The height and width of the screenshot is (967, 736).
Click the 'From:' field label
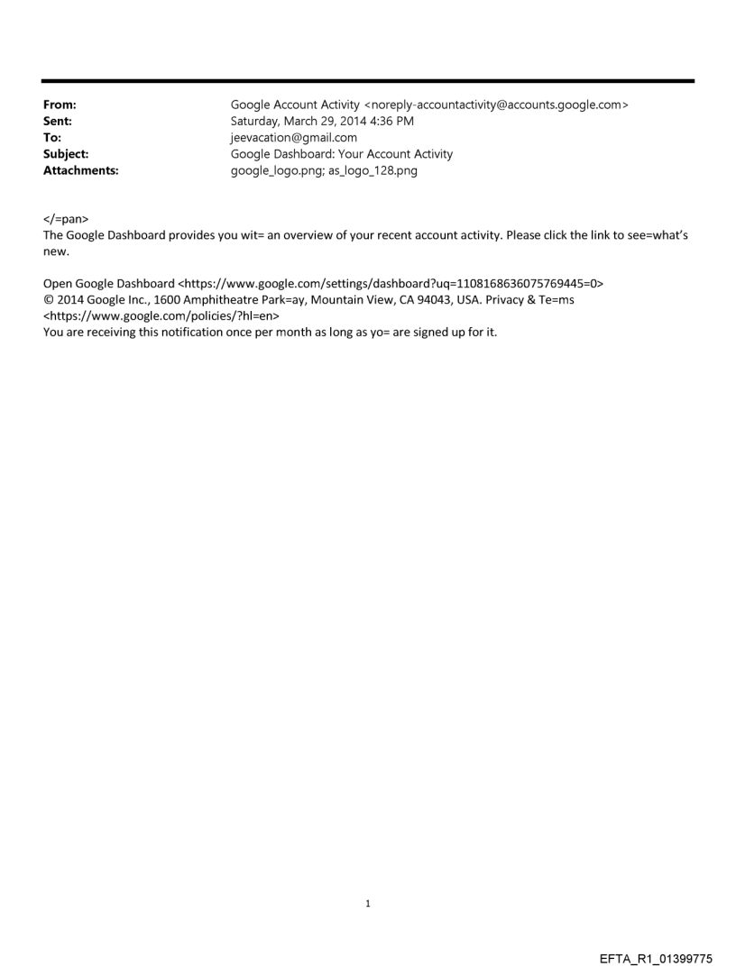[60, 105]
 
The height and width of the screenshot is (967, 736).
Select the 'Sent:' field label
[58, 122]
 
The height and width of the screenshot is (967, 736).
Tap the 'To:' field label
[52, 138]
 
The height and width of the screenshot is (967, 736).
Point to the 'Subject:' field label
[64, 154]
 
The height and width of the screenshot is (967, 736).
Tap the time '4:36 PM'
[414, 122]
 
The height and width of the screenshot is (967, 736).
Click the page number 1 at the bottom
[368, 903]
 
